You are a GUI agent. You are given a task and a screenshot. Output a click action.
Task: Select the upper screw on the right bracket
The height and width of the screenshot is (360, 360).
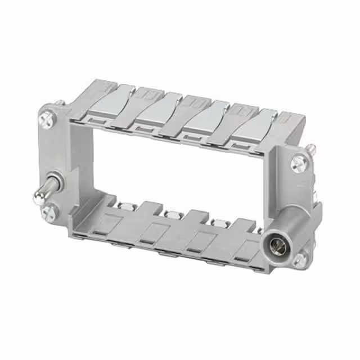tap(299, 164)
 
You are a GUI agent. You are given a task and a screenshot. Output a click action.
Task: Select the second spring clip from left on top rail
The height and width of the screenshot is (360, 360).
tap(152, 110)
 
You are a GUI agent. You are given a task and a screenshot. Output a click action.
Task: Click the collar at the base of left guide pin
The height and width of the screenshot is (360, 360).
tap(55, 185)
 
